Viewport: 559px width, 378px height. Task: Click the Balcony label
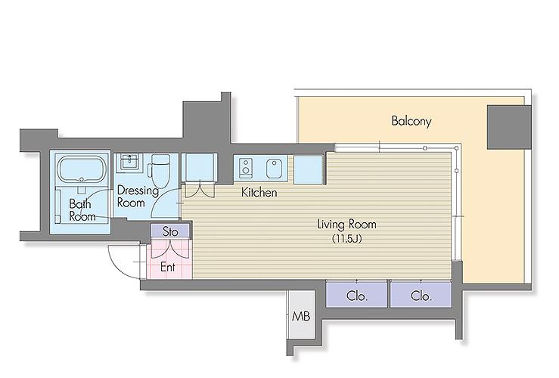click(x=411, y=121)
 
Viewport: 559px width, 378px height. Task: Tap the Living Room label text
click(x=346, y=224)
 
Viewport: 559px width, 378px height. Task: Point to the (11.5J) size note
click(x=347, y=239)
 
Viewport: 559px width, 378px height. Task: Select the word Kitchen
click(x=259, y=192)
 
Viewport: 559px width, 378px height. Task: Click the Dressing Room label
click(x=138, y=197)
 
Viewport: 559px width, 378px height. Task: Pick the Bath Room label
click(x=82, y=210)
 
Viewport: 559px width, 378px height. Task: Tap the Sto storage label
click(x=170, y=232)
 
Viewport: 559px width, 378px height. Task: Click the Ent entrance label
click(x=168, y=266)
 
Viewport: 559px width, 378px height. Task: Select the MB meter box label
click(x=301, y=316)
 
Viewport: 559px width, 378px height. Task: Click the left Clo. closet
click(x=356, y=294)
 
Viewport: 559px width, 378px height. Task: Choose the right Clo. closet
click(x=421, y=294)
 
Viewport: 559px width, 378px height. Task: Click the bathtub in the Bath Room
click(x=82, y=169)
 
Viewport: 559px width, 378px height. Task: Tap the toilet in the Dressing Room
click(x=159, y=172)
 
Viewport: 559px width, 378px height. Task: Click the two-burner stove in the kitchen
click(x=246, y=167)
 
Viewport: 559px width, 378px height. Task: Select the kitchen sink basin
click(x=275, y=168)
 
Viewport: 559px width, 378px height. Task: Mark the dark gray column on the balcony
click(x=509, y=127)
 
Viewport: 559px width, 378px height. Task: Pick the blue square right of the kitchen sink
click(x=309, y=169)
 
